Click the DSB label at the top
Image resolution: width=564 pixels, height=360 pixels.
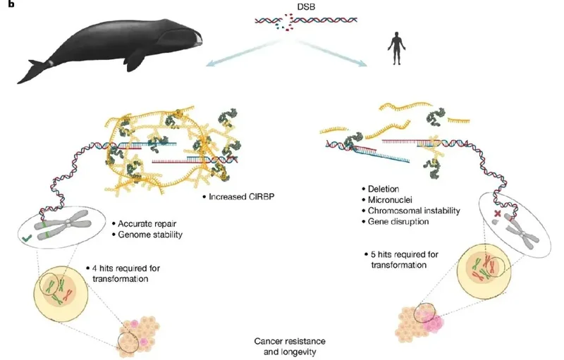pyautogui.click(x=306, y=6)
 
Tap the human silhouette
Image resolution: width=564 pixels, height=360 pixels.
pyautogui.click(x=396, y=49)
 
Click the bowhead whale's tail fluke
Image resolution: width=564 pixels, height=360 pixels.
pyautogui.click(x=32, y=72)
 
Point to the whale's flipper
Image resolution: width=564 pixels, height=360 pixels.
pyautogui.click(x=136, y=58)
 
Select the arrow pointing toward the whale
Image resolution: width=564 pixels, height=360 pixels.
pyautogui.click(x=245, y=53)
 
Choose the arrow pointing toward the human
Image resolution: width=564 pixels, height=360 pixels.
pyautogui.click(x=331, y=53)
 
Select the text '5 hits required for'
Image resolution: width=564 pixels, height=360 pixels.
pyautogui.click(x=405, y=254)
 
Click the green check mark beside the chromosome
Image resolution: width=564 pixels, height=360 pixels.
pyautogui.click(x=27, y=237)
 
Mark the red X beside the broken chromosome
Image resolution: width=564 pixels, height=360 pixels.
pyautogui.click(x=498, y=213)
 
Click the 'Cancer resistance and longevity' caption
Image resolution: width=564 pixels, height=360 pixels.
pyautogui.click(x=290, y=347)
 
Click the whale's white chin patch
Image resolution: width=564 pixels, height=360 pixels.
pyautogui.click(x=197, y=39)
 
